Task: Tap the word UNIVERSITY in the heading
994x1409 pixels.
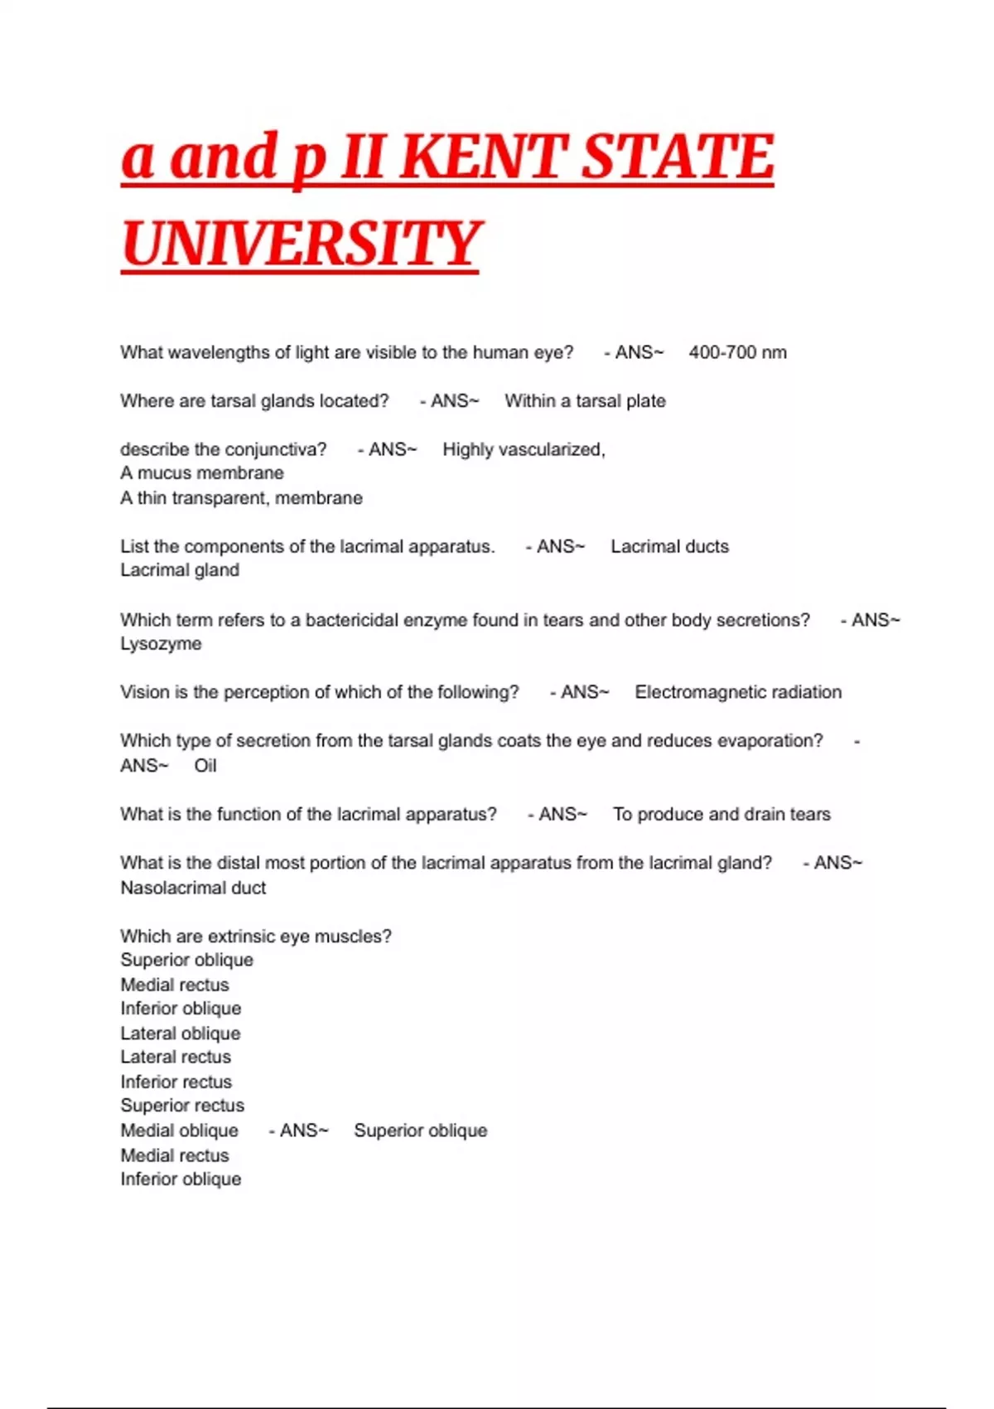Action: (300, 245)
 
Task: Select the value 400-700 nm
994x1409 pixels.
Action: (737, 352)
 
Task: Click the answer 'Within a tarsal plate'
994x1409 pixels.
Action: (585, 401)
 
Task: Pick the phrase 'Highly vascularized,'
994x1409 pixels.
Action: (524, 449)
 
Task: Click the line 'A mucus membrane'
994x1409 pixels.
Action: (202, 473)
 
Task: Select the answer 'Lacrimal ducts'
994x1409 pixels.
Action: (669, 546)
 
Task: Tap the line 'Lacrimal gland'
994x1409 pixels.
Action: (180, 570)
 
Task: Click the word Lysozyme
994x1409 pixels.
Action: (161, 644)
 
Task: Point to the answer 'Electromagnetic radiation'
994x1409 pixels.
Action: (738, 692)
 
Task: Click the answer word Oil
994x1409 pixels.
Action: (205, 766)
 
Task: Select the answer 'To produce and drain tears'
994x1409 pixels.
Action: (721, 814)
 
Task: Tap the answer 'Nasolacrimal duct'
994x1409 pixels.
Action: (193, 888)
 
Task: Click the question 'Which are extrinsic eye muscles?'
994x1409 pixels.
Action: (256, 937)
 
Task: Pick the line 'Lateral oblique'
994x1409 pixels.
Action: (181, 1034)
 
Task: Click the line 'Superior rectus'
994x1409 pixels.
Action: (182, 1106)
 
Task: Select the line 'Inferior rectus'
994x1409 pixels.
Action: (176, 1082)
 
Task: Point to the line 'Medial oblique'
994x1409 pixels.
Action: (179, 1131)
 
